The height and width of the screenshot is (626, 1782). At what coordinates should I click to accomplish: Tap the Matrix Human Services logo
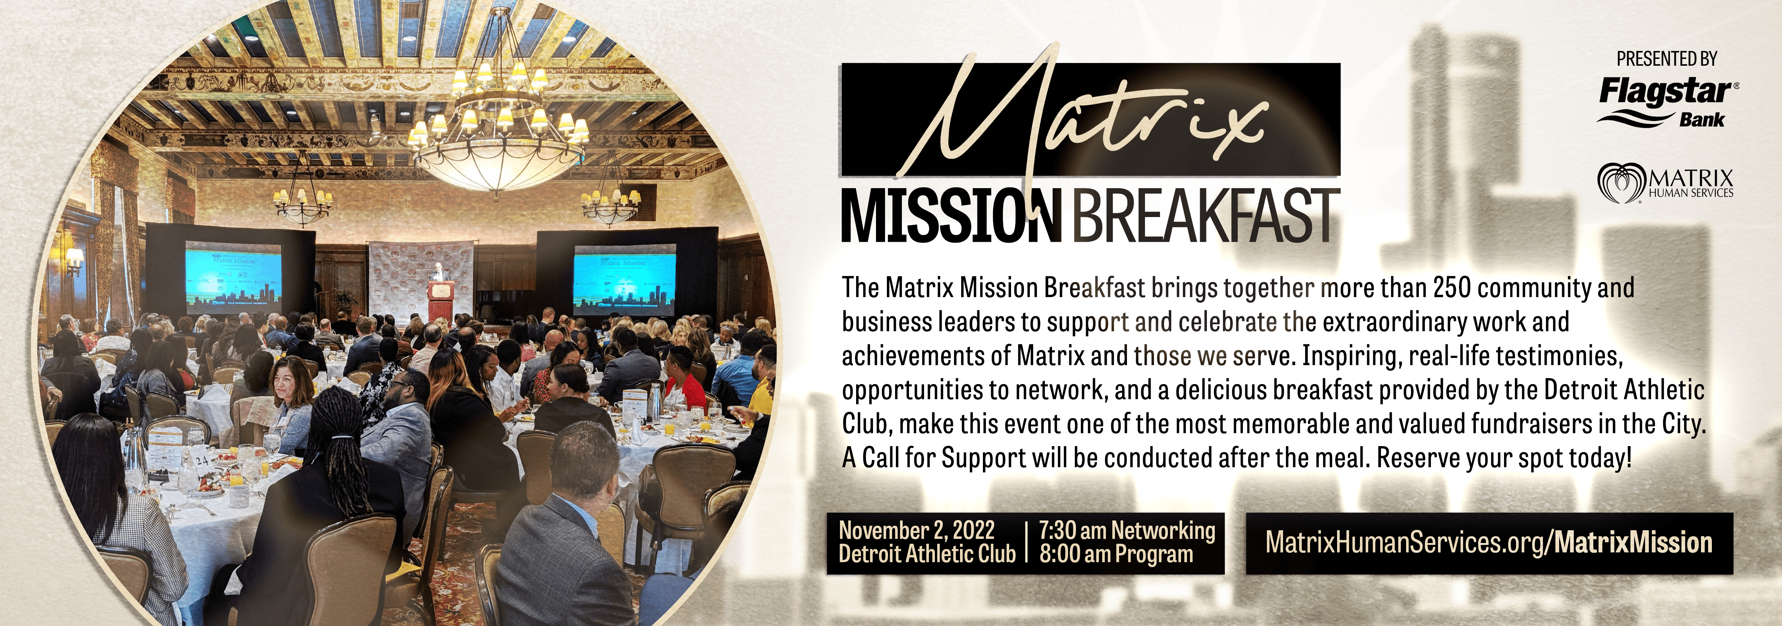click(x=1665, y=183)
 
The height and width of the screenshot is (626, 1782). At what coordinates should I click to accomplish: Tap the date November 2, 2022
click(x=917, y=531)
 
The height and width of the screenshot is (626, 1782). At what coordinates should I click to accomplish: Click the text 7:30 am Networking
click(x=1127, y=531)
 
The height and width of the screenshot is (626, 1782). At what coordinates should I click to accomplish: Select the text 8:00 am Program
click(x=1116, y=554)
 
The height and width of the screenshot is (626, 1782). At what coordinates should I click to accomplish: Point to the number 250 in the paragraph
click(x=1451, y=287)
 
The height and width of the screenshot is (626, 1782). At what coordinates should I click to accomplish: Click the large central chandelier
click(x=497, y=125)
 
